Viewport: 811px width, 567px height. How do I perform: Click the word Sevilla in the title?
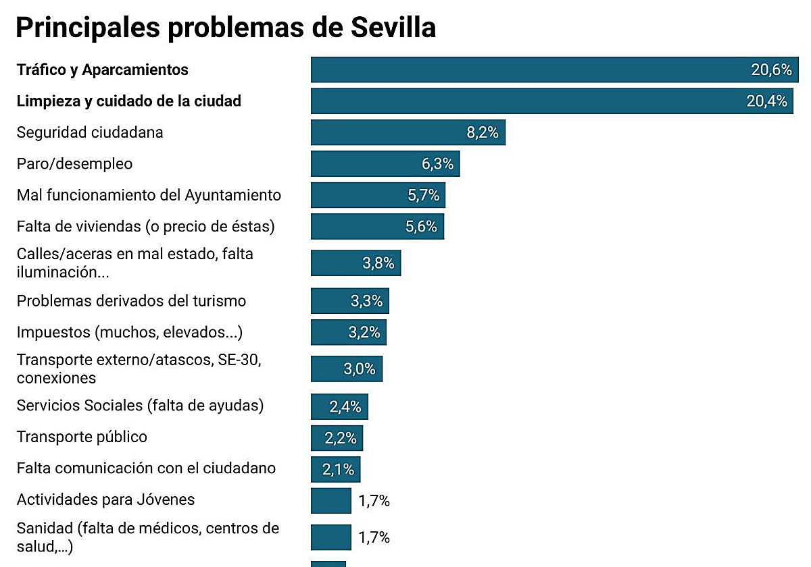click(x=395, y=28)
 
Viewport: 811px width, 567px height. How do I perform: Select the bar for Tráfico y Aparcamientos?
click(x=554, y=70)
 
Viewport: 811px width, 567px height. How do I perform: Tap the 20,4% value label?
click(x=766, y=101)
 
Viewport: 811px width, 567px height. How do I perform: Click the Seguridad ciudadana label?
click(x=90, y=132)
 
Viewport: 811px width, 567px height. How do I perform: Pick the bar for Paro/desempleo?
click(x=385, y=164)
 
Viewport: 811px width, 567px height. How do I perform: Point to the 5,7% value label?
click(x=424, y=195)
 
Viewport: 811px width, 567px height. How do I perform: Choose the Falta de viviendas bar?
click(x=377, y=227)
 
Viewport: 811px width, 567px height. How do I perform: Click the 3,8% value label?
click(x=378, y=263)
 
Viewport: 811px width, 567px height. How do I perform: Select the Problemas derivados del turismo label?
click(x=131, y=301)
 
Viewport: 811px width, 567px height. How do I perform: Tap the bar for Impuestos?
click(x=348, y=333)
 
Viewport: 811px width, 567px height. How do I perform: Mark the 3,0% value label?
click(x=360, y=369)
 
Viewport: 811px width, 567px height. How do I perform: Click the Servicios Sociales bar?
click(x=339, y=407)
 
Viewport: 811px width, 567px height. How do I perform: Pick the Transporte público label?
click(x=82, y=437)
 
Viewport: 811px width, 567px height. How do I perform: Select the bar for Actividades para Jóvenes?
click(x=331, y=501)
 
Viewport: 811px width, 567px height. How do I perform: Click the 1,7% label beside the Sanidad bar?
click(x=374, y=538)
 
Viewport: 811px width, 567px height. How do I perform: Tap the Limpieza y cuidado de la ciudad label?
click(x=128, y=101)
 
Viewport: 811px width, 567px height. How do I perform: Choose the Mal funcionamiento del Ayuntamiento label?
click(x=149, y=195)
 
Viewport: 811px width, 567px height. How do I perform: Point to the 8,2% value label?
click(x=483, y=132)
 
